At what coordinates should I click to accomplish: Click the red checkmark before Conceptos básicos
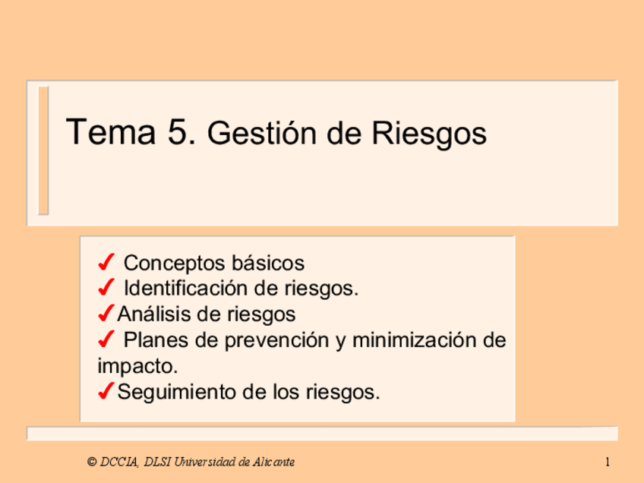coord(106,264)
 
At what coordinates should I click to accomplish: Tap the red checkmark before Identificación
coord(106,289)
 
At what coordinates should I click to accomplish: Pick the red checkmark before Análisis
coord(106,313)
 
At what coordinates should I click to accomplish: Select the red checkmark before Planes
coord(106,339)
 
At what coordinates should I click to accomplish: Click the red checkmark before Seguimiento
coord(106,392)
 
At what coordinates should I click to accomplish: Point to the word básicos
coord(270,264)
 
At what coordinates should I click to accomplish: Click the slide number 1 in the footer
coord(609,462)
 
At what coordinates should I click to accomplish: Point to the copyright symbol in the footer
coord(91,462)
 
